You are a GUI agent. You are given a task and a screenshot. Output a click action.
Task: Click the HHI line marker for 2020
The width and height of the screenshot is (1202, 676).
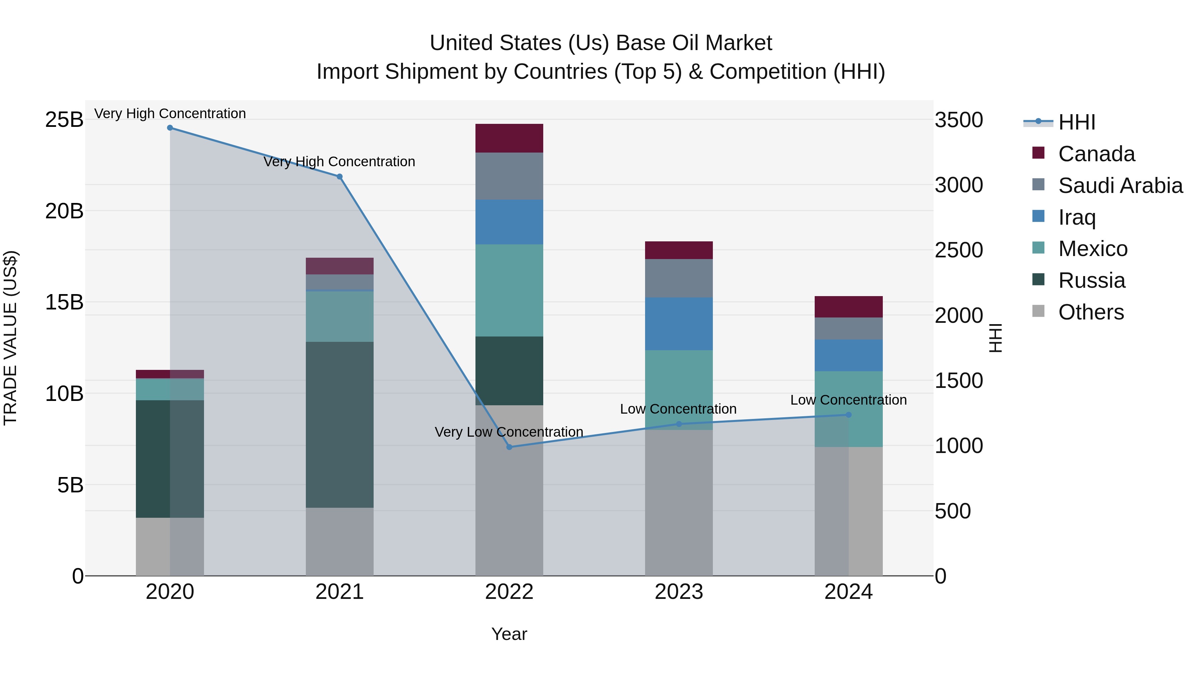[170, 128]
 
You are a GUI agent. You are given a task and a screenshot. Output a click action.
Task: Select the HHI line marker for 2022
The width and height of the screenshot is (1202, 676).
[509, 447]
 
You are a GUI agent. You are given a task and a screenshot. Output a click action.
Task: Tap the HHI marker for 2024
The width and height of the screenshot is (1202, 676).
[848, 415]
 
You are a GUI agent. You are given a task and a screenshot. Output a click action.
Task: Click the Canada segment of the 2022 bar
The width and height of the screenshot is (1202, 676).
[509, 138]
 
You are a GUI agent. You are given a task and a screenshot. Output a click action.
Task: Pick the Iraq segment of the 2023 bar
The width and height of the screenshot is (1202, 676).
[678, 324]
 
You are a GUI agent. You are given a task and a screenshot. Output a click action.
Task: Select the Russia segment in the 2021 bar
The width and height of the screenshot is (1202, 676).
[339, 425]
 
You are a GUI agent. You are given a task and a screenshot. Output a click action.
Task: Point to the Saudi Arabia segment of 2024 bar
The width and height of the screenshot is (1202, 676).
[848, 328]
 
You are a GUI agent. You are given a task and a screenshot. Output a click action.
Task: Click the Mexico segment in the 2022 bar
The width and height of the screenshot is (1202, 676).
[509, 290]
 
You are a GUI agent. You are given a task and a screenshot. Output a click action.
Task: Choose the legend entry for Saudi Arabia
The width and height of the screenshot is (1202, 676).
[1120, 186]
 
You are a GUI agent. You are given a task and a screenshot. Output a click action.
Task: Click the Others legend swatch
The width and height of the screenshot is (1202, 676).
[1038, 311]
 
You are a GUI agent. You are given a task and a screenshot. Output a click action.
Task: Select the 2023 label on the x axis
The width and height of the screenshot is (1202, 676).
[678, 592]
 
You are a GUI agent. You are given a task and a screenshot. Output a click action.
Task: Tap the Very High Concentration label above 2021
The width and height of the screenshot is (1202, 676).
[339, 162]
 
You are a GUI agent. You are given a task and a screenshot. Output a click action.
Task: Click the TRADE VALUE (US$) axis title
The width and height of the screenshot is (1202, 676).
[10, 338]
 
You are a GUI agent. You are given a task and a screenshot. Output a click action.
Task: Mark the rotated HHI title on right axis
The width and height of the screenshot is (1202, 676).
[995, 338]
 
